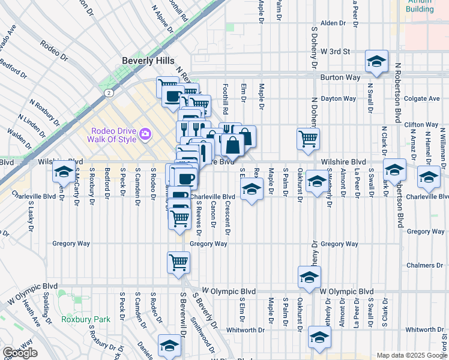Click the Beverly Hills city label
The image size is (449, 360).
tap(148, 61)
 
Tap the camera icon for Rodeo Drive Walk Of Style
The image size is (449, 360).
tap(145, 133)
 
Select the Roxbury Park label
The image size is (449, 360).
tap(85, 319)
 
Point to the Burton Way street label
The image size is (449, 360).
tap(339, 77)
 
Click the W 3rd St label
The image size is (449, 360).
tap(335, 52)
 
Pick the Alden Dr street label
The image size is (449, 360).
tap(334, 23)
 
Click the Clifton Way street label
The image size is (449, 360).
tap(422, 125)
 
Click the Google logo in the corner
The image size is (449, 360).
tap(20, 353)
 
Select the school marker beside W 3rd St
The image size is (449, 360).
tap(376, 62)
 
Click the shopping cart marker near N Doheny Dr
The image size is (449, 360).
tap(308, 138)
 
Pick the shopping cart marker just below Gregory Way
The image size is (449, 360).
tap(179, 262)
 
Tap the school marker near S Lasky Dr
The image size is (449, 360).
tap(64, 172)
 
